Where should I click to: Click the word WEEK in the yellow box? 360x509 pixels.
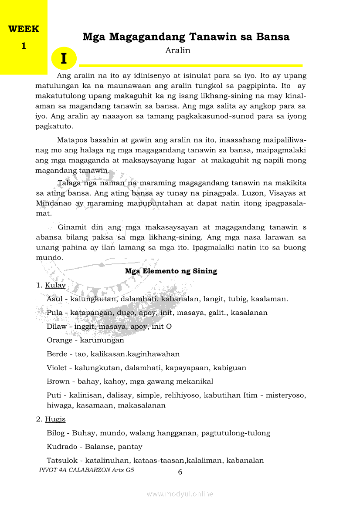tap(24, 30)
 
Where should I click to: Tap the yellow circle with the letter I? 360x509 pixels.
tap(64, 59)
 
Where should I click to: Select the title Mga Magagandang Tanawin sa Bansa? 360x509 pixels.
tap(186, 37)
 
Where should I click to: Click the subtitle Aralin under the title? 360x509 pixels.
tap(178, 51)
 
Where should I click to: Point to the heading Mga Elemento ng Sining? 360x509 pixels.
tap(171, 271)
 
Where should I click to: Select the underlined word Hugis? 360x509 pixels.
tap(55, 419)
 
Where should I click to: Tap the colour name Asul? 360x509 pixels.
tap(54, 299)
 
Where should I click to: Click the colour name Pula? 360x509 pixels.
tap(54, 313)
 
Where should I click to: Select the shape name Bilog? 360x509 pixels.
tap(56, 433)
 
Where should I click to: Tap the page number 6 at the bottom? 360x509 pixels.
tap(180, 472)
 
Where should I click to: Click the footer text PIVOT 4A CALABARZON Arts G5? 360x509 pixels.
tap(86, 470)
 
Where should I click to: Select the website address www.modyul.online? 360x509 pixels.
tap(180, 494)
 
